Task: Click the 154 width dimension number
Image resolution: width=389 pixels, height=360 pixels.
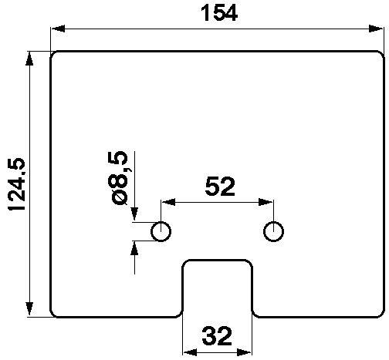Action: point(219,13)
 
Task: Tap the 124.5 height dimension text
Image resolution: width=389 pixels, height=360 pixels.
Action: point(17,184)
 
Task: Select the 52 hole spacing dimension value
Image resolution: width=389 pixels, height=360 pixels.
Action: point(220,187)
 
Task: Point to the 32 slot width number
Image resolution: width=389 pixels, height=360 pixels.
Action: point(217,335)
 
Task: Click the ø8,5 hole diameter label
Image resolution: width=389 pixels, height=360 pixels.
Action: point(120,178)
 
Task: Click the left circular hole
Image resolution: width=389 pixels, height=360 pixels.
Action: point(161,231)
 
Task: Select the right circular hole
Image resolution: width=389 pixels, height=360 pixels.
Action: point(273,231)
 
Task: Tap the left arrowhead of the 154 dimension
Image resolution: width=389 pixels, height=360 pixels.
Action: point(58,29)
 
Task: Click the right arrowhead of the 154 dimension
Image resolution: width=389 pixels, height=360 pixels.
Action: point(376,29)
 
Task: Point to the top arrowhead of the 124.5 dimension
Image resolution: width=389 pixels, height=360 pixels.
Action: point(29,59)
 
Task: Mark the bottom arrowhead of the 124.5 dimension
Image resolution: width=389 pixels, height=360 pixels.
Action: point(29,308)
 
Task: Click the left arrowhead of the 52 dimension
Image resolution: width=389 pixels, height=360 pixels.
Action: point(168,202)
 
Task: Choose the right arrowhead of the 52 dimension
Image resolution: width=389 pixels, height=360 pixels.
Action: point(266,202)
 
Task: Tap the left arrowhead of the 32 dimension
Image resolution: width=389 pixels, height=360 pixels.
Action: point(191,352)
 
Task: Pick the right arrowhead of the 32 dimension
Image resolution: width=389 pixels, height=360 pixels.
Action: point(243,352)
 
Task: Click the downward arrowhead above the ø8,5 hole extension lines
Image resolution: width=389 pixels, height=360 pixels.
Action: point(134,214)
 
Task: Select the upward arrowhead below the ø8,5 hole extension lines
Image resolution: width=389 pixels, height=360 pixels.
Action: point(134,248)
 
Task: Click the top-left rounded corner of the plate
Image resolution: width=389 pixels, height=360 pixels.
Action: point(52,54)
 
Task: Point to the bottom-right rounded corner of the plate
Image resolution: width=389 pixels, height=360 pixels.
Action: point(381,315)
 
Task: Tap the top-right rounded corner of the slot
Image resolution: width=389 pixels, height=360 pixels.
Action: point(249,262)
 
